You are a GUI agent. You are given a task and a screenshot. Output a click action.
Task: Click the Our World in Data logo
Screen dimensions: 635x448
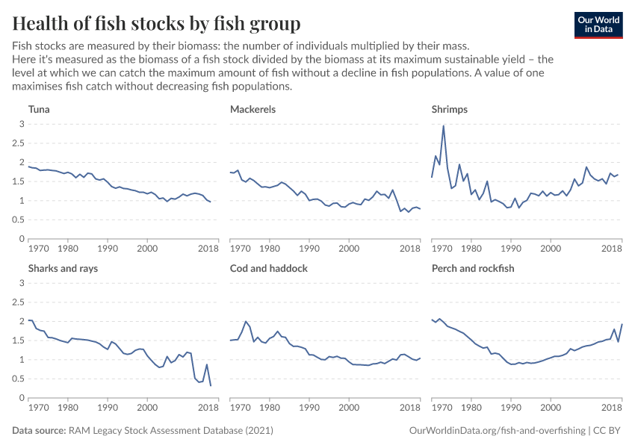point(598,25)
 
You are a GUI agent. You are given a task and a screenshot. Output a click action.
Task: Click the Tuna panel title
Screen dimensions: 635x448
point(39,109)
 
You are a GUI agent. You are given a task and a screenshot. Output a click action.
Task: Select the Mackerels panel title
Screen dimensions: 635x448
point(253,109)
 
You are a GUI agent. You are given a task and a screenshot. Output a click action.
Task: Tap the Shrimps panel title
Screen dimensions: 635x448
point(450,110)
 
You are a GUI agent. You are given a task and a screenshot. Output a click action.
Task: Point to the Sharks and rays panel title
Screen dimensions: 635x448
point(63,269)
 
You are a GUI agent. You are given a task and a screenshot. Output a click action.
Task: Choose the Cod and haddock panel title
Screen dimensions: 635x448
point(268,268)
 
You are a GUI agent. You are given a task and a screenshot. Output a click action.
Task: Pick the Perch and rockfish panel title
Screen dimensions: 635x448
point(473,268)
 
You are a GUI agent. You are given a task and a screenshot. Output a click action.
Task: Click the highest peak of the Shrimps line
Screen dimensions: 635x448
point(444,126)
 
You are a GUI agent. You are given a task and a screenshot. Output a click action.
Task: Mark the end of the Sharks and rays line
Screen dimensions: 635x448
point(211,385)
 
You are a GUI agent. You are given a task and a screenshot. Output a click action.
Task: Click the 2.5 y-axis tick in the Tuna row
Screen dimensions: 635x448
point(19,143)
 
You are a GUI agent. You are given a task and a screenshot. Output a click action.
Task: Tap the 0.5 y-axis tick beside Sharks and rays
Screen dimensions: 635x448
point(19,379)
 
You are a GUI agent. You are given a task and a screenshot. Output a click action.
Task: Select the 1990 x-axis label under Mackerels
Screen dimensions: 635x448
point(309,248)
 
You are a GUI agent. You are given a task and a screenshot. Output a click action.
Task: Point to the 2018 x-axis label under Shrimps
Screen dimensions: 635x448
point(612,248)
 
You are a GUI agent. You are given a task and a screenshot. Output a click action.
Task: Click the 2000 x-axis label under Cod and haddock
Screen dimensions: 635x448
point(349,407)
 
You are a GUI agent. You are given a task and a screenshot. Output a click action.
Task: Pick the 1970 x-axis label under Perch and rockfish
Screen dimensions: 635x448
point(442,407)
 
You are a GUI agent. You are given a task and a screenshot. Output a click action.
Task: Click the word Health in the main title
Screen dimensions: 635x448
point(40,23)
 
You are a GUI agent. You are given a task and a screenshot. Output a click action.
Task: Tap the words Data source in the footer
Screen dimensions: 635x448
point(39,430)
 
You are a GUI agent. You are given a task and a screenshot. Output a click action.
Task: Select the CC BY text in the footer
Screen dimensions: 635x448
point(607,430)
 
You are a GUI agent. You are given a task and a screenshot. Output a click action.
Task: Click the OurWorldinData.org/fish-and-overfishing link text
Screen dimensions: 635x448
point(498,431)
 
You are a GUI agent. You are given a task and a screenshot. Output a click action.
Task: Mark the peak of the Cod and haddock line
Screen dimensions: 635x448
point(246,322)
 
